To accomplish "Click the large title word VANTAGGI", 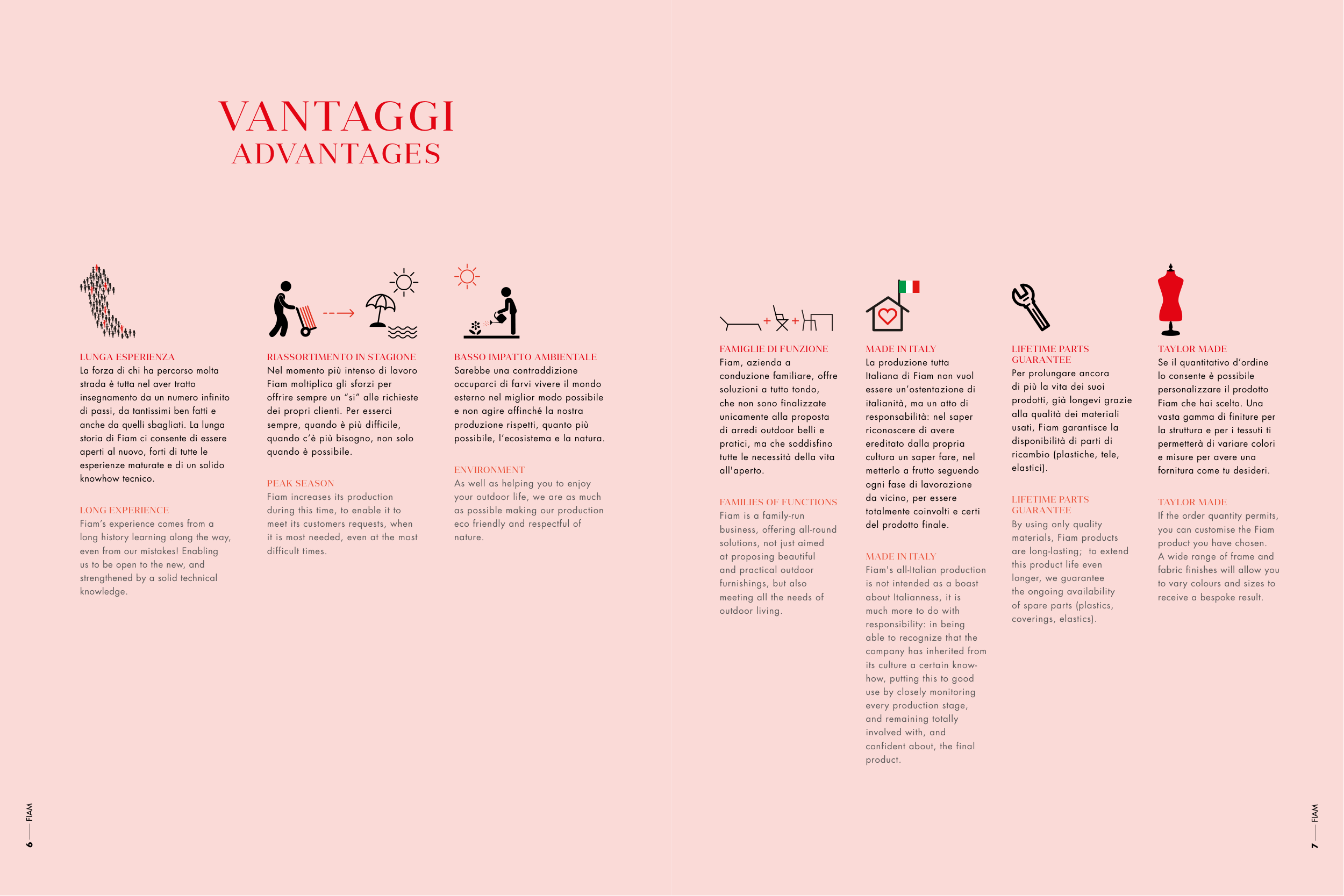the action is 337,117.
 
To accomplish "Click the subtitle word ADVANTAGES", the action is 336,154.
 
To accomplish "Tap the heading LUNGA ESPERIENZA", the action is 127,357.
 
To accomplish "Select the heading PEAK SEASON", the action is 301,483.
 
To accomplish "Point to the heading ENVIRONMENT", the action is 489,470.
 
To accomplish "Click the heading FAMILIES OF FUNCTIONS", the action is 778,502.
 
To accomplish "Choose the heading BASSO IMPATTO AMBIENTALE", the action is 525,357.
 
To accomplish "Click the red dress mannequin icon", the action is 1171,300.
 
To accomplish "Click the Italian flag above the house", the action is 909,286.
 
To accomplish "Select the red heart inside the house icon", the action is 888,316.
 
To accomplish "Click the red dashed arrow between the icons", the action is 339,313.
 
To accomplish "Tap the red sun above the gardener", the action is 467,277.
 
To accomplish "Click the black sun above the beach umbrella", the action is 404,282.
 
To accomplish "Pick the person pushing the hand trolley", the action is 284,309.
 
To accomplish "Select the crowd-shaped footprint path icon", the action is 106,302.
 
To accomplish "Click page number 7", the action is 1315,845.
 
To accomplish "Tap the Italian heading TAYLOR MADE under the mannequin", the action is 1192,349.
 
